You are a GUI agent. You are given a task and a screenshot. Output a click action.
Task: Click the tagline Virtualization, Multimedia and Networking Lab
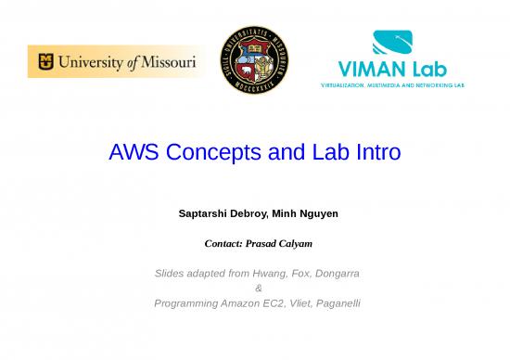pyautogui.click(x=392, y=84)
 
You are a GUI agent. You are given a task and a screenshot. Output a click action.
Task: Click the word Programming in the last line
pyautogui.click(x=185, y=303)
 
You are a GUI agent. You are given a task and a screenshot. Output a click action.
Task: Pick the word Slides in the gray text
pyautogui.click(x=169, y=275)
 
